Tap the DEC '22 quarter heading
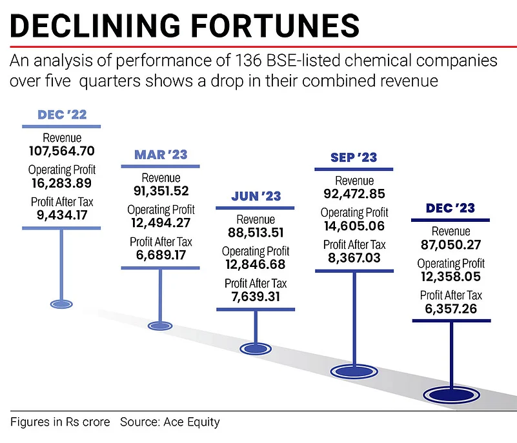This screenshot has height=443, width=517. [62, 115]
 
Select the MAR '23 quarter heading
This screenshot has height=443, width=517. [160, 155]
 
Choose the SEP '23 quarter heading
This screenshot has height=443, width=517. [354, 157]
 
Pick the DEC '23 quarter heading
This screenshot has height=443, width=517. [451, 208]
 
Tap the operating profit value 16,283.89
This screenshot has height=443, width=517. [63, 183]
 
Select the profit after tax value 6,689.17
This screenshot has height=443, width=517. [160, 255]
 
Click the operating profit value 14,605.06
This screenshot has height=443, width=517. [354, 226]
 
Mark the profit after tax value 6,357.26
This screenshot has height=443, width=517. [451, 308]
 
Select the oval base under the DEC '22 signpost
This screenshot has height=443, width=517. [62, 302]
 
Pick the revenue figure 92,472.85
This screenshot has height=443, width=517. [354, 193]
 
